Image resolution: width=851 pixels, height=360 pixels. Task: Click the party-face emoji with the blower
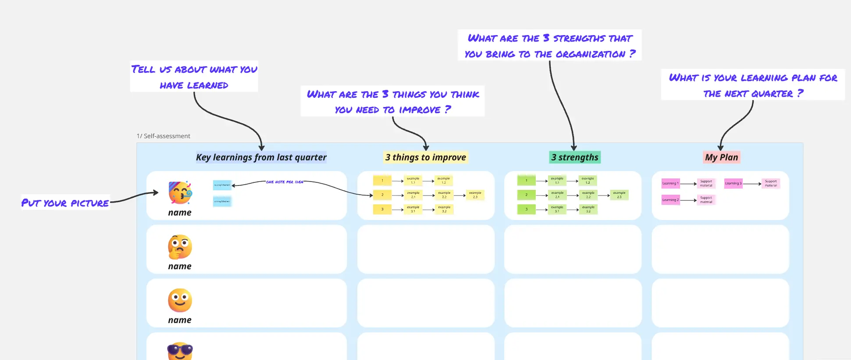[x=180, y=192]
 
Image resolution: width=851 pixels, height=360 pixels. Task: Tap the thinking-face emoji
[x=180, y=246]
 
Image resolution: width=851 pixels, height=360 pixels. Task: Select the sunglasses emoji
[x=180, y=351]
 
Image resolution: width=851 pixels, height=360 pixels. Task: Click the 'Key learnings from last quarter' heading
[x=261, y=157]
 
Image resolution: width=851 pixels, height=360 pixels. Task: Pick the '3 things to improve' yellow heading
[x=425, y=157]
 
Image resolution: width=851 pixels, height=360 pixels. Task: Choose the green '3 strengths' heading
[x=575, y=157]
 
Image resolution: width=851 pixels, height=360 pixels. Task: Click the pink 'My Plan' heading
[x=721, y=157]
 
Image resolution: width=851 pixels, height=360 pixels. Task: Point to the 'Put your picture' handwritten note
[x=65, y=203]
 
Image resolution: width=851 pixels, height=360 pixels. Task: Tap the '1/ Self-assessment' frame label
[x=164, y=136]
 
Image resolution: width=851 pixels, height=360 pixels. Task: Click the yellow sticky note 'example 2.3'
[x=475, y=195]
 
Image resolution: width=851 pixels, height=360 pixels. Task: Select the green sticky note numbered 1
[x=526, y=180]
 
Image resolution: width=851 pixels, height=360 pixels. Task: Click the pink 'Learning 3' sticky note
[x=733, y=183]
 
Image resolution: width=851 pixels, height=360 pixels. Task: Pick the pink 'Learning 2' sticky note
[x=670, y=200]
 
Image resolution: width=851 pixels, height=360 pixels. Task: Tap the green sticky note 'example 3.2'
[x=588, y=209]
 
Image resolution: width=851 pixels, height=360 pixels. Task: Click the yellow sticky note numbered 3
[x=382, y=209]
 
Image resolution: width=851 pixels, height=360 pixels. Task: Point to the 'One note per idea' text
[x=284, y=182]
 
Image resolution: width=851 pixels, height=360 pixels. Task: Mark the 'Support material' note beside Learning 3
[x=771, y=183]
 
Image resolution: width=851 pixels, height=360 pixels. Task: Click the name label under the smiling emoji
[x=180, y=320]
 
